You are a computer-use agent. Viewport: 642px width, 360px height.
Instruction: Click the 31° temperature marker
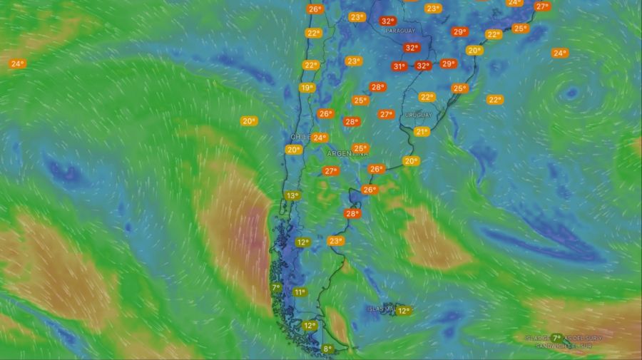pos(399,66)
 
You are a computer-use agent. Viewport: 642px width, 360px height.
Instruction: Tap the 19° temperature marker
pos(306,88)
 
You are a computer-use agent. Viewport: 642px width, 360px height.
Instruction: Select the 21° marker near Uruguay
pos(422,131)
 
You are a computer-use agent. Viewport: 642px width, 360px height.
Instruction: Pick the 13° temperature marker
pos(292,195)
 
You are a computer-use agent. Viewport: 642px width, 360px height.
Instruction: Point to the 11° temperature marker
pos(300,292)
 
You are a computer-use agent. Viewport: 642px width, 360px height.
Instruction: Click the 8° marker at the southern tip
pos(327,349)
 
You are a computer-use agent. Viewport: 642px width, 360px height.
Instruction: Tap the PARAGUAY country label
pos(399,31)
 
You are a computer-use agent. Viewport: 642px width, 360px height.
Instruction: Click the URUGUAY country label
pos(418,115)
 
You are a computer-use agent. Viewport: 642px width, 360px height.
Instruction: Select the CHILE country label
pos(300,136)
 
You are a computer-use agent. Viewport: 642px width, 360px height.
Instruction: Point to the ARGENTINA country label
pos(348,154)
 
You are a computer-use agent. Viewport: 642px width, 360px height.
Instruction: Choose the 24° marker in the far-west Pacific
pos(17,63)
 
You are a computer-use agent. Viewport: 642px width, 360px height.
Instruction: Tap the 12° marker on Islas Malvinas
pos(404,310)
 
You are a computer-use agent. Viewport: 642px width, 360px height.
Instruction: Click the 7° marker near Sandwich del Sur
pos(556,337)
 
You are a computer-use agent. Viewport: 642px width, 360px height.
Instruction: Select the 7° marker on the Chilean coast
pos(276,288)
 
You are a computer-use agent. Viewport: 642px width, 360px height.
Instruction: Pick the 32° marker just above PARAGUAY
pos(387,21)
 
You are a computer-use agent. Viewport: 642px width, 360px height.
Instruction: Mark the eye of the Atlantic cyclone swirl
pos(571,93)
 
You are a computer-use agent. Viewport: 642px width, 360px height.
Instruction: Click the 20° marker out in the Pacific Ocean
pos(248,121)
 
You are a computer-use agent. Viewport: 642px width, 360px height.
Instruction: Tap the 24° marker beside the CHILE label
pos(319,138)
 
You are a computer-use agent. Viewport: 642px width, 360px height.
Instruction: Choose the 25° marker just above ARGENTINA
pos(360,148)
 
